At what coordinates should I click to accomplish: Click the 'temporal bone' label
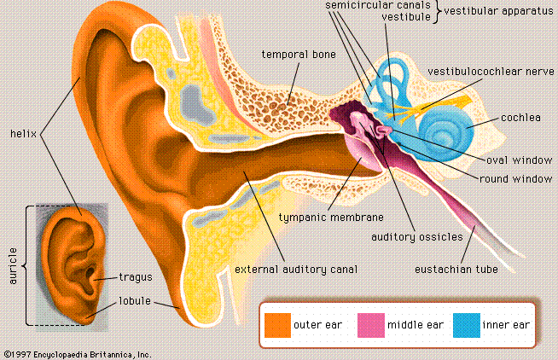coord(299,54)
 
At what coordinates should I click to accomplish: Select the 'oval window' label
coord(520,160)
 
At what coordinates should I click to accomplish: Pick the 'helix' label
coord(22,133)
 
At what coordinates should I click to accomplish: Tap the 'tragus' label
coord(135,276)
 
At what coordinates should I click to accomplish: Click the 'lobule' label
coord(136,300)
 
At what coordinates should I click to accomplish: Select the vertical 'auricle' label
coord(13,264)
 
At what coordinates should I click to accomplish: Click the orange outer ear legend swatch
coord(277,324)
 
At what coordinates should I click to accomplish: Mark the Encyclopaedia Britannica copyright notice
coord(77,353)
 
